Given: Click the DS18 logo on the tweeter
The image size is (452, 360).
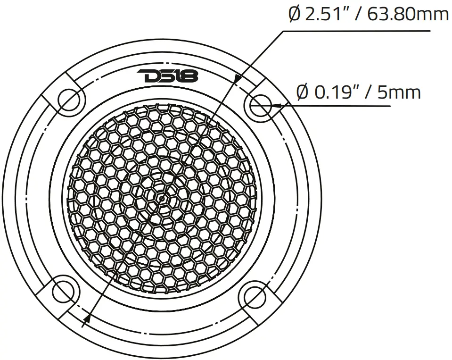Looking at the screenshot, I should (168, 75).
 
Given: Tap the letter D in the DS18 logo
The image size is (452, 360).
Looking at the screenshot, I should (148, 75).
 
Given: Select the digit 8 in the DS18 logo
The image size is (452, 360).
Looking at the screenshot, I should (190, 75).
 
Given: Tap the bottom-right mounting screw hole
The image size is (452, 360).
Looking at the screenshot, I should (255, 296).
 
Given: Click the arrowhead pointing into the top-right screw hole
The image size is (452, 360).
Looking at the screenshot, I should (276, 105).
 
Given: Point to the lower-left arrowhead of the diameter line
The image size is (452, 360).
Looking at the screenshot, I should (87, 320).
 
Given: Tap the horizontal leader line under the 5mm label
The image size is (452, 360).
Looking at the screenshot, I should (339, 105).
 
